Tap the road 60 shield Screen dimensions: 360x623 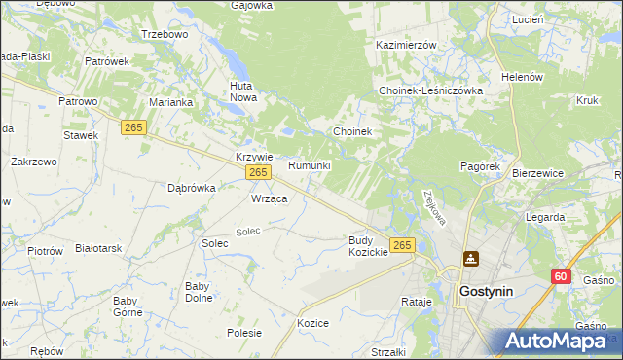[x=559, y=277]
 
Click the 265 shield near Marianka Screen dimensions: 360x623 [x=134, y=126]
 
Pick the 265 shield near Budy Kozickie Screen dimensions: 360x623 [x=402, y=244]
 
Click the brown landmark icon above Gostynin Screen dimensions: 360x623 [x=472, y=259]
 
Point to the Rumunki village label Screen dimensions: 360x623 [x=310, y=166]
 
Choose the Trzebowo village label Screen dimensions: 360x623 [x=164, y=34]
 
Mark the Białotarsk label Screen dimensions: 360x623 [x=98, y=248]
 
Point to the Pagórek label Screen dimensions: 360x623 [x=479, y=166]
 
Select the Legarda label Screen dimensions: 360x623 [x=544, y=217]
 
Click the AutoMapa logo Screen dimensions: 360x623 [x=557, y=341]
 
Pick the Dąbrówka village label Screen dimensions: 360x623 [x=191, y=188]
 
